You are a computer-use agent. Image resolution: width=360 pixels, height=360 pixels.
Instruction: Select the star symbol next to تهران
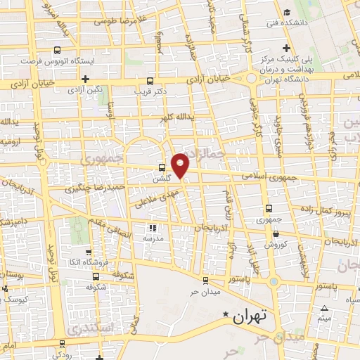click(x=226, y=314)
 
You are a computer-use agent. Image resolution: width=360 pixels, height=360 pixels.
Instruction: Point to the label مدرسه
click(x=154, y=238)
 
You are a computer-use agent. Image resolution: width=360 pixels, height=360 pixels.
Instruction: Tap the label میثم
click(x=324, y=319)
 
